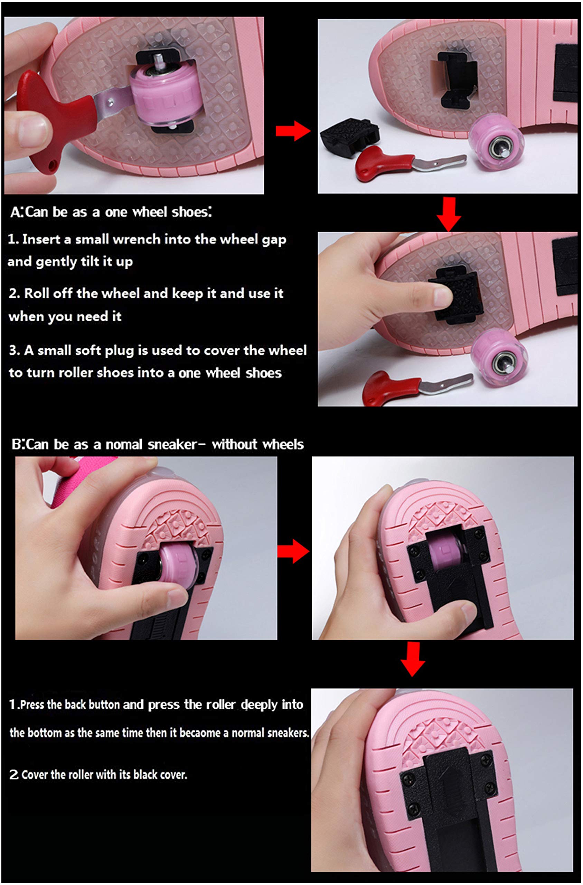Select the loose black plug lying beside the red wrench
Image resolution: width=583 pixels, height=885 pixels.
(348, 136)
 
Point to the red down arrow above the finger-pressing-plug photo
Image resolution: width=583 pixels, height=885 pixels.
(449, 214)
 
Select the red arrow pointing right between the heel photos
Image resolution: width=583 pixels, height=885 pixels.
(293, 551)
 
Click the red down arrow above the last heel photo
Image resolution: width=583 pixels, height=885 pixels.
(413, 660)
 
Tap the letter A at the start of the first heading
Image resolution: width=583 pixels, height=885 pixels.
(15, 212)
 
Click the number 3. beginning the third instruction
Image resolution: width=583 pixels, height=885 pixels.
(15, 351)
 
